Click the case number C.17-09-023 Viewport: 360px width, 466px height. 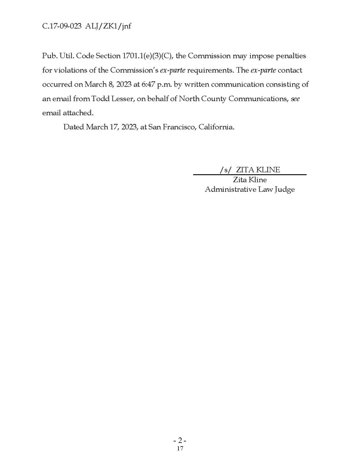click(x=62, y=24)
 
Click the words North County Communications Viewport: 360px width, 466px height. click(x=228, y=98)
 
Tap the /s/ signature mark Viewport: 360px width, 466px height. click(x=225, y=170)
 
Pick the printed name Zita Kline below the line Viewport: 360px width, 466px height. click(x=250, y=180)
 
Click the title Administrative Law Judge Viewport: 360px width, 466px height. click(x=250, y=190)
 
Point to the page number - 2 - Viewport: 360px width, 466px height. click(x=180, y=440)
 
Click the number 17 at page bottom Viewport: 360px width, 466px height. click(x=180, y=448)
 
